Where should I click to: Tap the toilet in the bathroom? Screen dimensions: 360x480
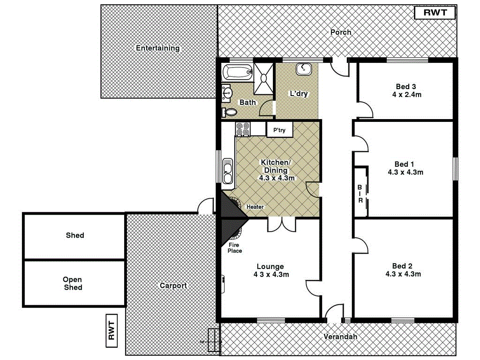230,112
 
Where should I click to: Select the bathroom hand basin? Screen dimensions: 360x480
227,93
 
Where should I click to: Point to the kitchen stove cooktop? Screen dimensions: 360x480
243,129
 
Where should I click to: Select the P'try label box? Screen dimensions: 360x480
279,130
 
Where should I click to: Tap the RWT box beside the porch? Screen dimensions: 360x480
435,13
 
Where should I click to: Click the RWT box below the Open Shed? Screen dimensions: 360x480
112,330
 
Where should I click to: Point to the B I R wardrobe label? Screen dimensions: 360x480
360,193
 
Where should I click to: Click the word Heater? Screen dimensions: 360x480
255,207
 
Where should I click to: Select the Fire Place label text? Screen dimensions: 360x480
235,247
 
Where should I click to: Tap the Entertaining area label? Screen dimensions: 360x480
157,48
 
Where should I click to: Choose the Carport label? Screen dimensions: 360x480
173,285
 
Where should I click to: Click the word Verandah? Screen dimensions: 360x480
340,337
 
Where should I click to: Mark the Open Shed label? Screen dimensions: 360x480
73,283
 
